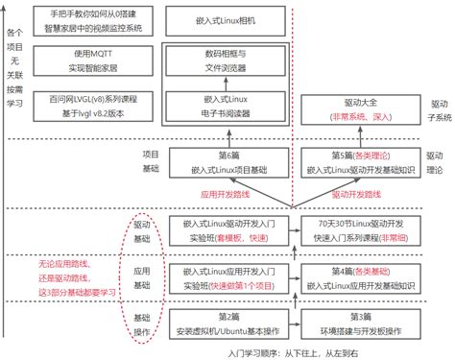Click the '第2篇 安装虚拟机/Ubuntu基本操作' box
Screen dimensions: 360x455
click(227, 324)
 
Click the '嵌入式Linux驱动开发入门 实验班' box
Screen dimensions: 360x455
click(227, 229)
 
